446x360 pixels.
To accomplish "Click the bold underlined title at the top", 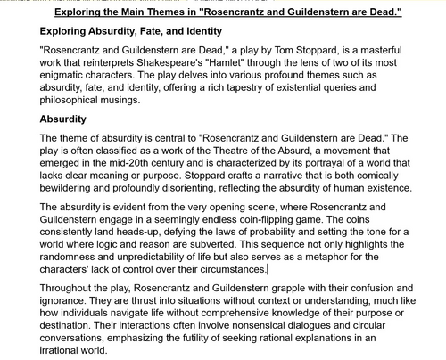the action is [x=227, y=12].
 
